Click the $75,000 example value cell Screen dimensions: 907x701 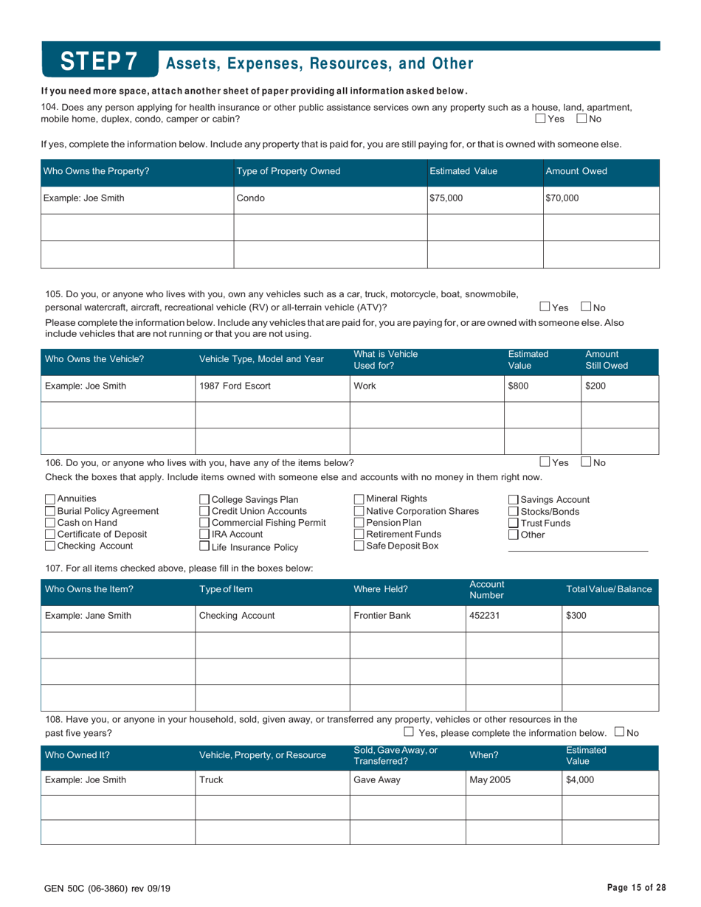pyautogui.click(x=447, y=198)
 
